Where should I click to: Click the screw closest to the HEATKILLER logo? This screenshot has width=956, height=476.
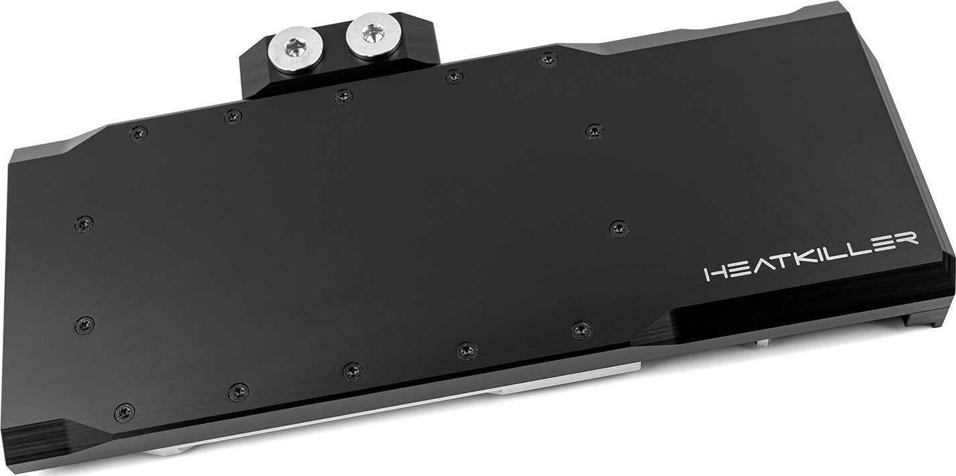click(619, 229)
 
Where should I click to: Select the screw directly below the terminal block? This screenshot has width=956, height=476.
click(343, 96)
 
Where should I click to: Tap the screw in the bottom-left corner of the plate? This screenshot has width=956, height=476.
click(125, 412)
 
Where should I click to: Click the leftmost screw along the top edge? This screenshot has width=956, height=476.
click(139, 133)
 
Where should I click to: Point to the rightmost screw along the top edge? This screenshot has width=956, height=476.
click(548, 60)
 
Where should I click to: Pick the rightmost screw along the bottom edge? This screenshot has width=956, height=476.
click(580, 329)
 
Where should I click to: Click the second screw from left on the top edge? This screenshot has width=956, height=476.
click(232, 116)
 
